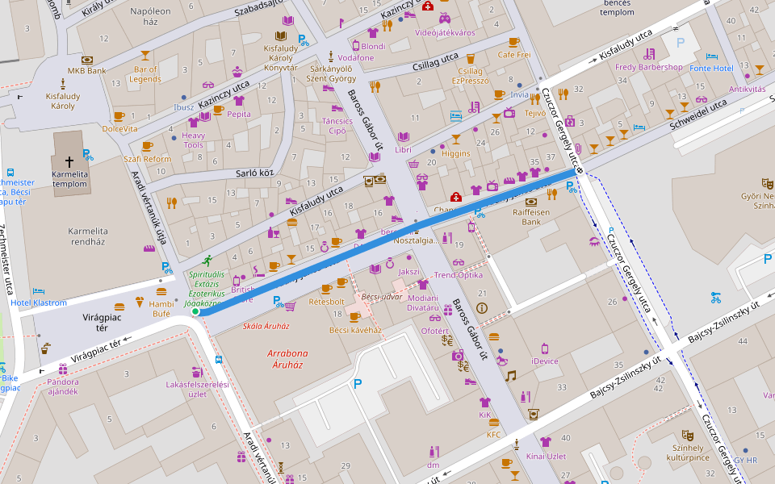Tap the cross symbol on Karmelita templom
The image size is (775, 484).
pyautogui.click(x=69, y=161)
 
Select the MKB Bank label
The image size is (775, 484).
pyautogui.click(x=86, y=70)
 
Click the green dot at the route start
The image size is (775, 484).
pyautogui.click(x=195, y=311)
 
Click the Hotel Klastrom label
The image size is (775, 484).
pyautogui.click(x=40, y=302)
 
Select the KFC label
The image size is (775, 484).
pyautogui.click(x=493, y=434)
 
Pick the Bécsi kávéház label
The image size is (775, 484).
pyautogui.click(x=355, y=330)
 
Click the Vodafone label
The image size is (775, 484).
pyautogui.click(x=355, y=58)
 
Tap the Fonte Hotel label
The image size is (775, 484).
pyautogui.click(x=711, y=68)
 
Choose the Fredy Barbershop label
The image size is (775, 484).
pyautogui.click(x=648, y=67)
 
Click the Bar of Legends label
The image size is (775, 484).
pyautogui.click(x=145, y=73)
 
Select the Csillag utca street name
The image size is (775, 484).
pyautogui.click(x=435, y=62)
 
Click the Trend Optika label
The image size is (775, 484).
pyautogui.click(x=458, y=275)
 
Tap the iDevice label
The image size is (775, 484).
pyautogui.click(x=545, y=361)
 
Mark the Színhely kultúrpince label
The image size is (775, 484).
pyautogui.click(x=689, y=452)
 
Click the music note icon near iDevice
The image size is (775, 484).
pyautogui.click(x=510, y=375)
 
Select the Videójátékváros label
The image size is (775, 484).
pyautogui.click(x=445, y=32)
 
